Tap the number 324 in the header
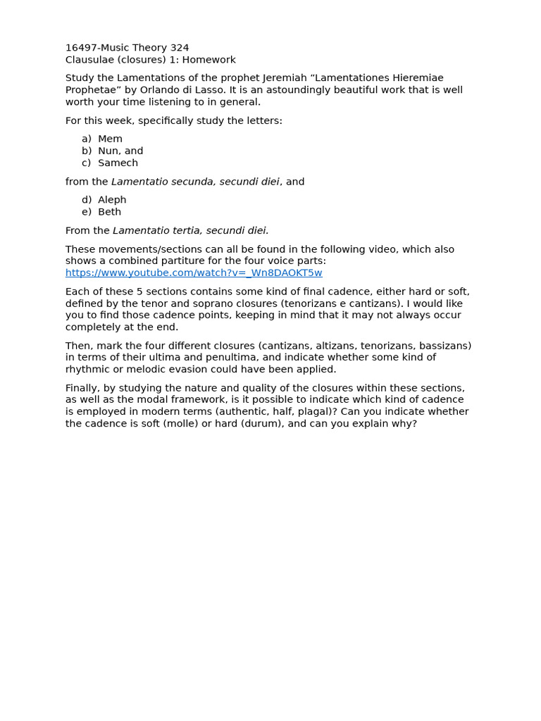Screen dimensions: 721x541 tap(180, 48)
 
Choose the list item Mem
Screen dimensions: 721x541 tap(110, 139)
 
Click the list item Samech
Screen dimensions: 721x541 tap(118, 163)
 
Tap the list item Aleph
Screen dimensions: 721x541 tap(112, 200)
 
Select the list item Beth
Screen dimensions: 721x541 tap(109, 212)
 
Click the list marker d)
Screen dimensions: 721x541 tap(87, 200)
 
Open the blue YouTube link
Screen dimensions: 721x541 tap(194, 273)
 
